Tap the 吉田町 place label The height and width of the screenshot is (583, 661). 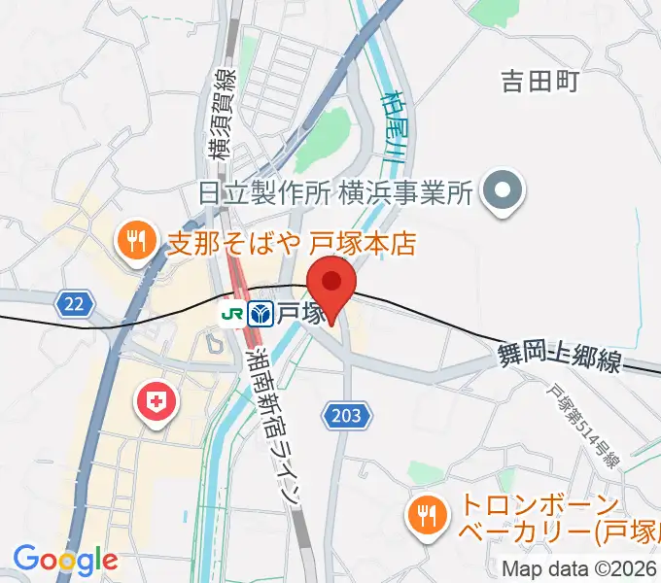coord(539,82)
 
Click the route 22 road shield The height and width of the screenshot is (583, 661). coord(76,305)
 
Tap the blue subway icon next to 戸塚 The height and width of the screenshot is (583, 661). coord(261,313)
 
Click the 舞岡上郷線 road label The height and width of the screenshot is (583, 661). coord(560,359)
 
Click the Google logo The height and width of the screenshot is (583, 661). coord(64,560)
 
